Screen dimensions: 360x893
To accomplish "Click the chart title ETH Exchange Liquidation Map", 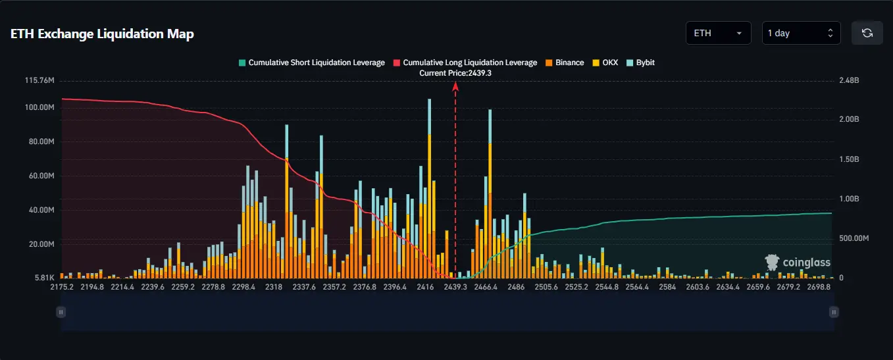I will tap(102, 34).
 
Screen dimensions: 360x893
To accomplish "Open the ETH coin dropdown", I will tap(718, 33).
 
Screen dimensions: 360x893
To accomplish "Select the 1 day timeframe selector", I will tap(801, 33).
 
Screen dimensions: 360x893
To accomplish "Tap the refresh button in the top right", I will tap(867, 33).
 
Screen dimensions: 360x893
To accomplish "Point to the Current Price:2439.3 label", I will tap(455, 74).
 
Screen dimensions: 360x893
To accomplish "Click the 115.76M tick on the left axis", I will tap(39, 81).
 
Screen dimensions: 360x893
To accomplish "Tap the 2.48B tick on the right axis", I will tap(849, 81).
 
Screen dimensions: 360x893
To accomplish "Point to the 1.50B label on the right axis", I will tap(849, 159).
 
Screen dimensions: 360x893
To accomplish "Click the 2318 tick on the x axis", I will tap(274, 287).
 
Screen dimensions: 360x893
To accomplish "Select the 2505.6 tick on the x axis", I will tap(546, 287).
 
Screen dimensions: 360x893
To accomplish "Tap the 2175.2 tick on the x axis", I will tap(62, 287).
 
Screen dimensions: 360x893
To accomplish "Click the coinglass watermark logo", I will tap(798, 262).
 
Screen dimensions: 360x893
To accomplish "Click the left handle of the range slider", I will tap(61, 312).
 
